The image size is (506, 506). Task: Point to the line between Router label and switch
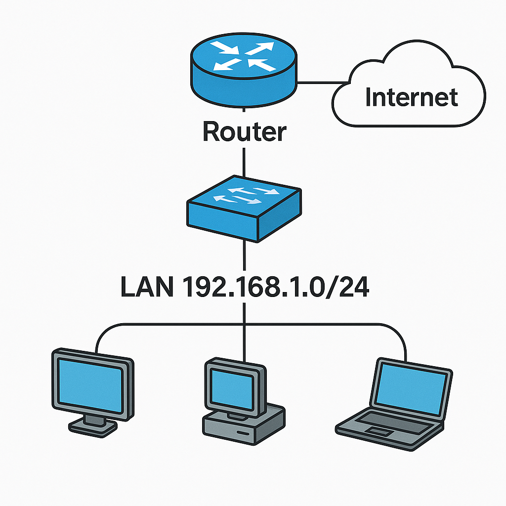pos(244,161)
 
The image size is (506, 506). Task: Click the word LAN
pos(146,288)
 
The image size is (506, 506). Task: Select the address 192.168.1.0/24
pos(276,288)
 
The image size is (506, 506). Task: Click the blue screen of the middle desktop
pos(232,388)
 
